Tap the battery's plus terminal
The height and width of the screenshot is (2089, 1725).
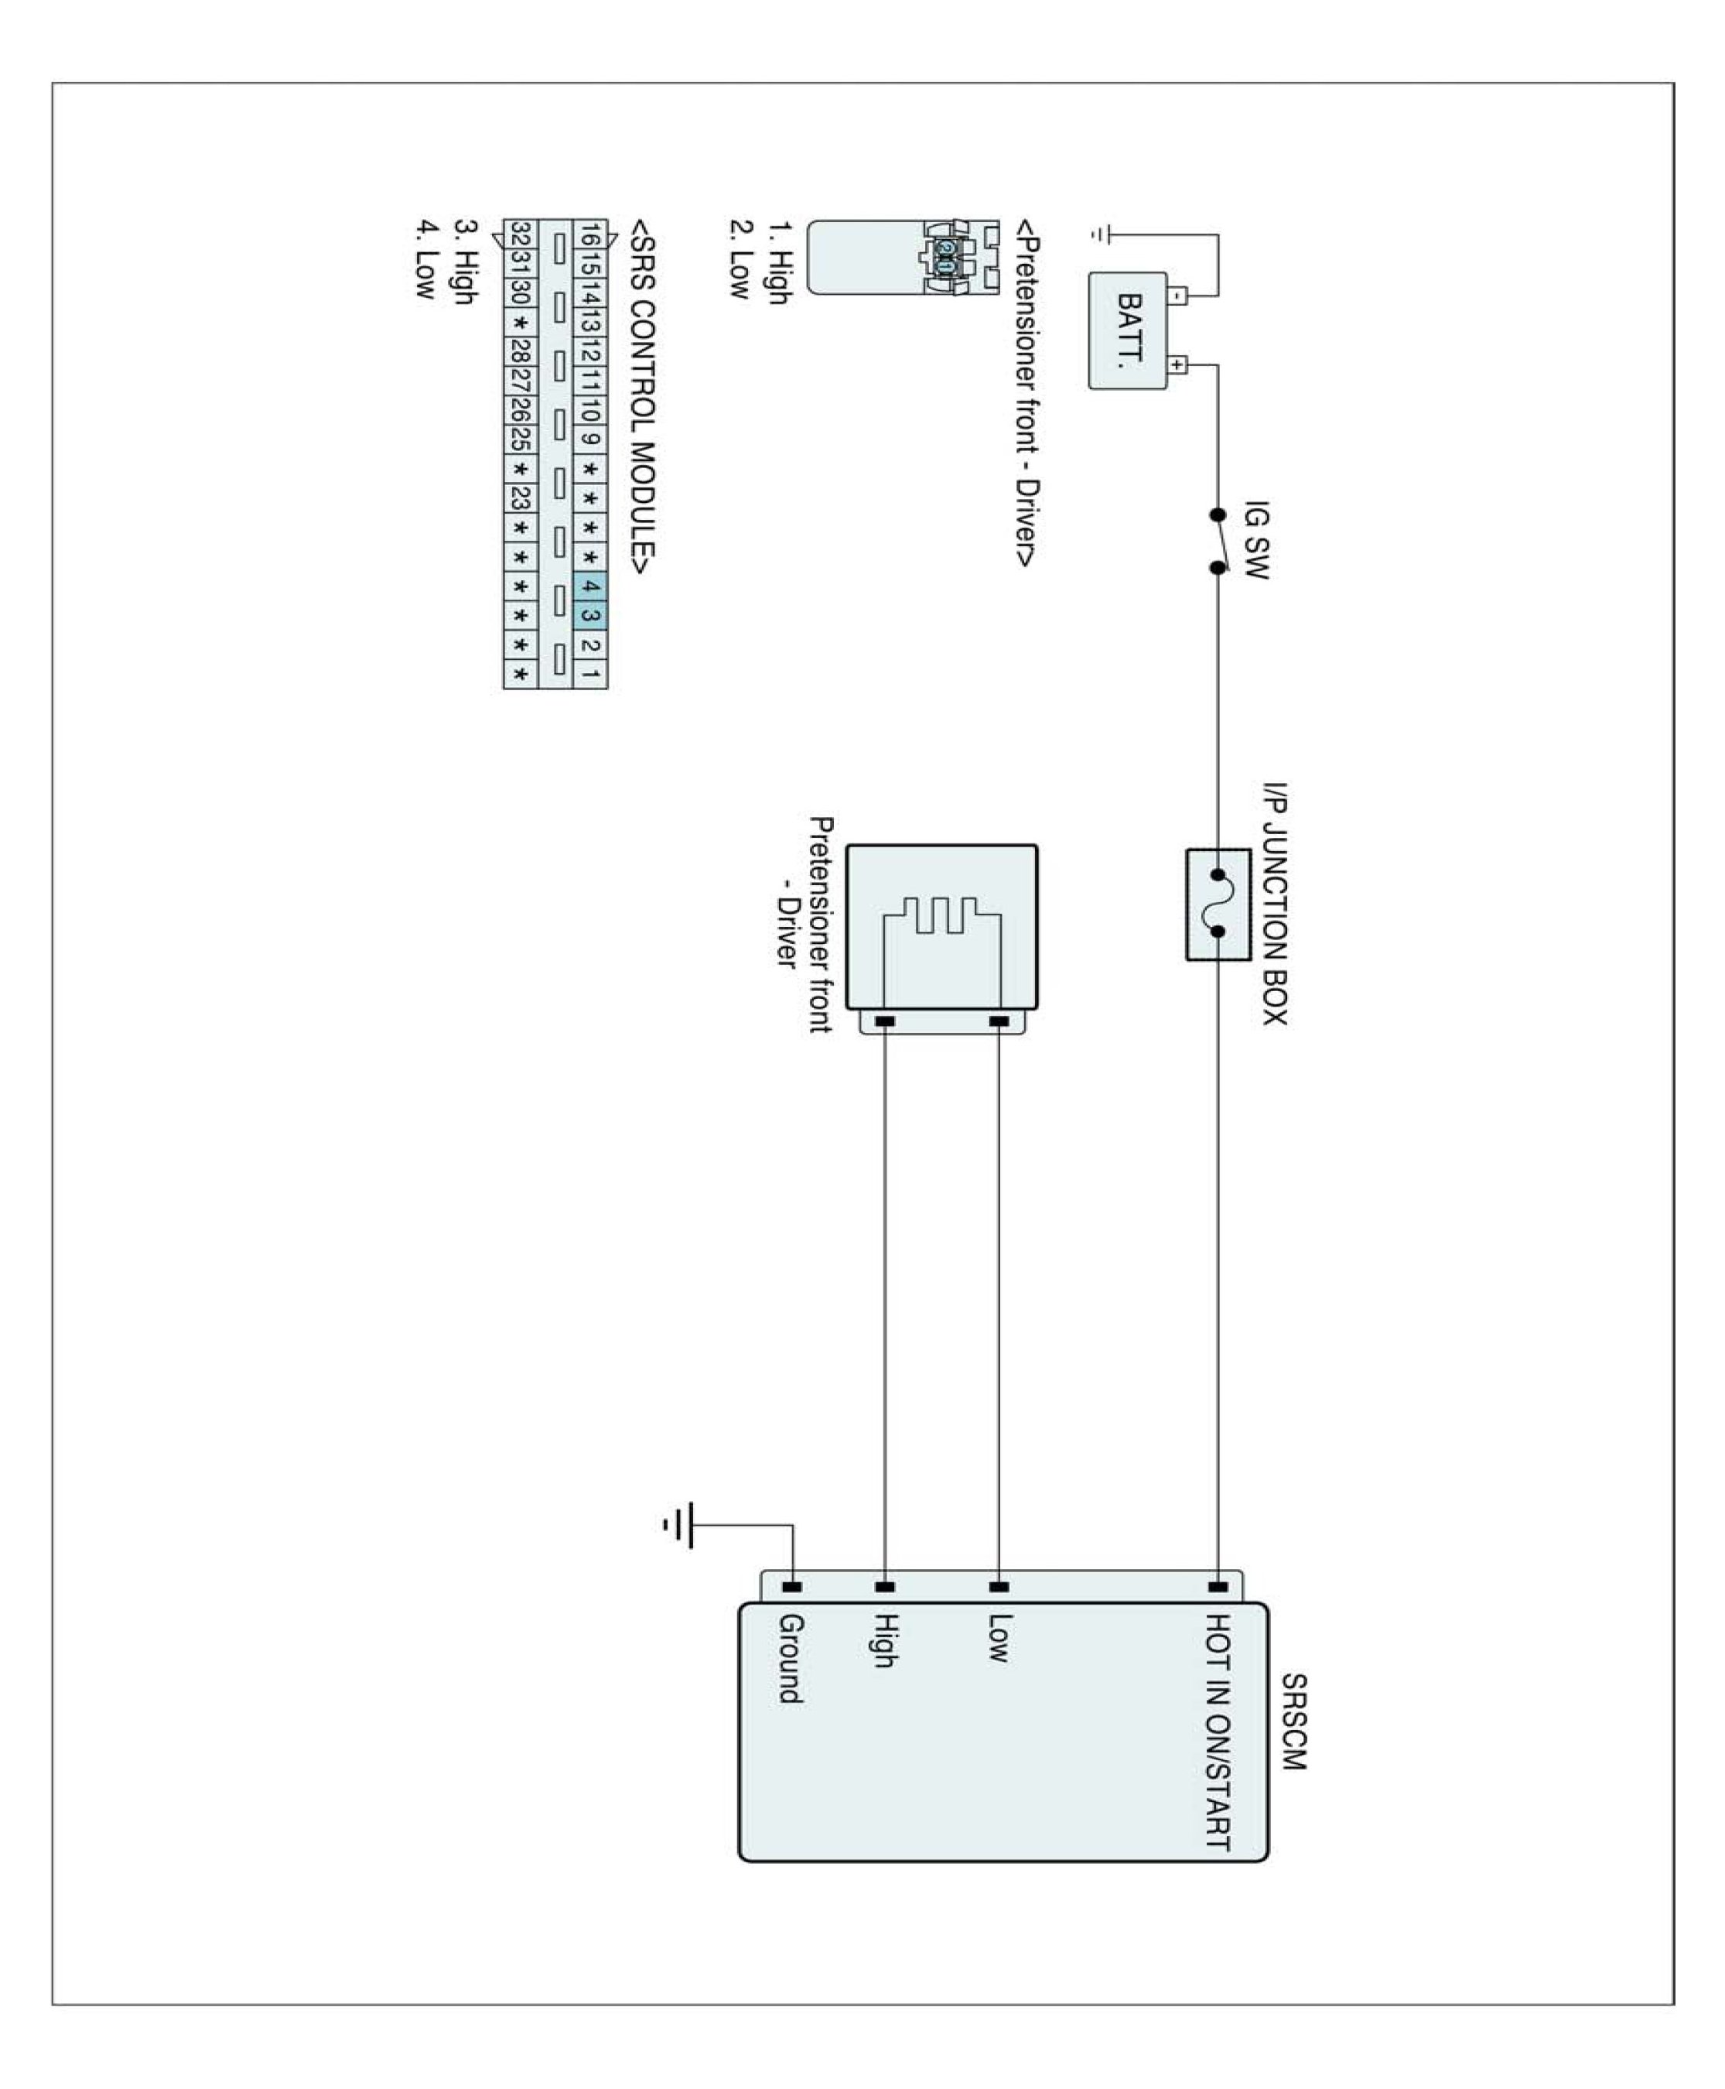[x=1177, y=364]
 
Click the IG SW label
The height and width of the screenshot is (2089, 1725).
[x=1256, y=539]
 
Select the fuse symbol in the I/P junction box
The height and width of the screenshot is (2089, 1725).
[x=1218, y=904]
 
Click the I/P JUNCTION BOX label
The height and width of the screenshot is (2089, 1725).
[x=1275, y=904]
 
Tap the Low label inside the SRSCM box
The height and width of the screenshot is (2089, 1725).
[x=999, y=1638]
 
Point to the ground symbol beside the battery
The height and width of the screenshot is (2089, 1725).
[x=1101, y=234]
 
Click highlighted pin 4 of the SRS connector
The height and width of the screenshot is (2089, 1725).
[x=589, y=586]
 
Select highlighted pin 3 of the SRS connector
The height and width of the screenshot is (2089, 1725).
[x=589, y=615]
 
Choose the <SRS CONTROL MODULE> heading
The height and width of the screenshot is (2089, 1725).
[x=643, y=402]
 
